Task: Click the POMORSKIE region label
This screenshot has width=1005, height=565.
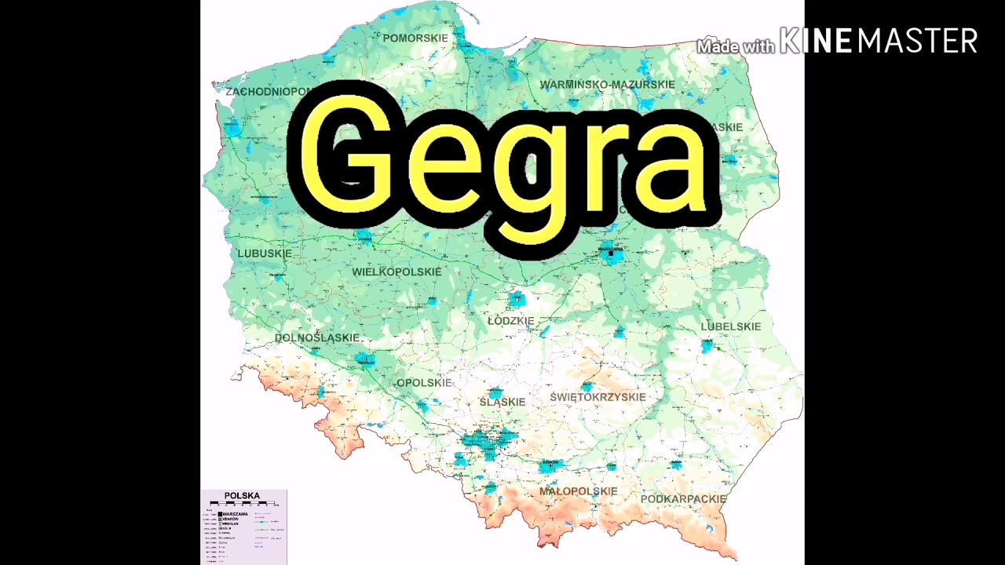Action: click(415, 38)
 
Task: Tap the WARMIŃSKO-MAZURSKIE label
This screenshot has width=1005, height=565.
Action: click(607, 84)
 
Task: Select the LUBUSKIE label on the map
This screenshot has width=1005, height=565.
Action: click(265, 253)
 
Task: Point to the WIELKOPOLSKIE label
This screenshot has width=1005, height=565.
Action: click(397, 272)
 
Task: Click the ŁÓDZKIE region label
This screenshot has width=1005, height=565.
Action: click(511, 321)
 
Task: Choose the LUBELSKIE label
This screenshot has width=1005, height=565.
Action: click(731, 326)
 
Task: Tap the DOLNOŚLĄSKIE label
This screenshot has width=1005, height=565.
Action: click(317, 337)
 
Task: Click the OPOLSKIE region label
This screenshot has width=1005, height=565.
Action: click(424, 383)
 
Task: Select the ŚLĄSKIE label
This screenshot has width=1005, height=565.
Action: click(502, 402)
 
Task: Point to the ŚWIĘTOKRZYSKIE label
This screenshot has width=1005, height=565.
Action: click(598, 397)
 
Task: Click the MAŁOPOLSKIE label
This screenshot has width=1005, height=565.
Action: click(578, 491)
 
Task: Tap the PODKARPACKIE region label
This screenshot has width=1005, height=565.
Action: click(683, 499)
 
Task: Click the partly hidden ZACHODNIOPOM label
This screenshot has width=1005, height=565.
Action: click(267, 92)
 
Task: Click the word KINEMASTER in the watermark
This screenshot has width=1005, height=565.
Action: click(879, 41)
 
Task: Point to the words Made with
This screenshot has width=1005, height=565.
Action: click(736, 46)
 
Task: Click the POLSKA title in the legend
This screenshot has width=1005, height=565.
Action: click(242, 495)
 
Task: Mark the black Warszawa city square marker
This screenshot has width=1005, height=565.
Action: click(611, 253)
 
